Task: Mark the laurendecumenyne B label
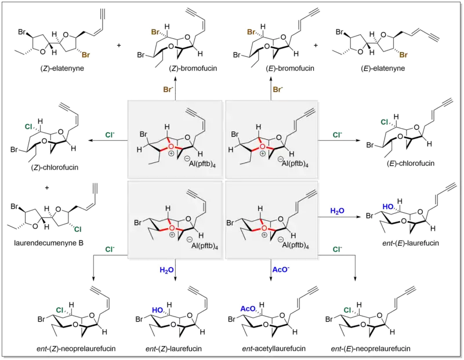(50, 242)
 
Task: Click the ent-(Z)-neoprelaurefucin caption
(74, 349)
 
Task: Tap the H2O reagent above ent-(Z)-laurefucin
(167, 270)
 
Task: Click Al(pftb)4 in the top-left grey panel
(195, 163)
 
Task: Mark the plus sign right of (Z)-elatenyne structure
(119, 45)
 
